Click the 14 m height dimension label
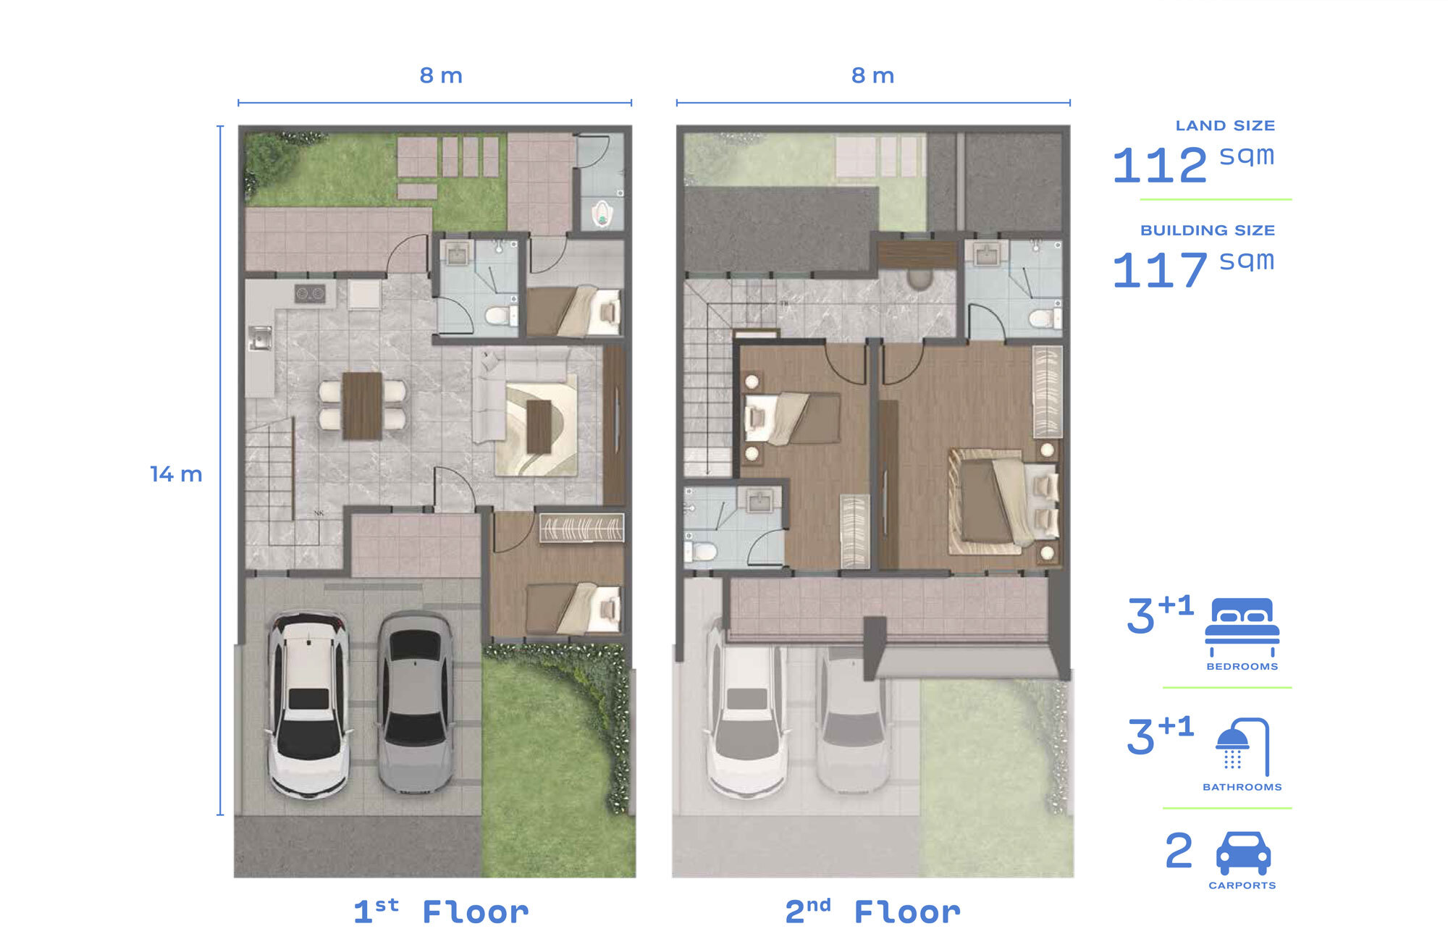tap(176, 474)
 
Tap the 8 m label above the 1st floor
tap(441, 75)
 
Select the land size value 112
tap(1160, 165)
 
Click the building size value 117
tap(1160, 270)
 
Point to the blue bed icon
tap(1242, 626)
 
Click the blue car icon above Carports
tap(1243, 853)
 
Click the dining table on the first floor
tap(362, 405)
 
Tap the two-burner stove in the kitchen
tap(310, 293)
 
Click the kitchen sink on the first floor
tap(260, 338)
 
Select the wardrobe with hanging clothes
tap(581, 528)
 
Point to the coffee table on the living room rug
tap(539, 426)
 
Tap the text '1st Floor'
tap(441, 912)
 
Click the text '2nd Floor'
tap(872, 912)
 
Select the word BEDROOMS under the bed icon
tap(1242, 667)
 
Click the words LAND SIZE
tap(1225, 126)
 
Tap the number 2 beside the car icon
tap(1179, 851)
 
